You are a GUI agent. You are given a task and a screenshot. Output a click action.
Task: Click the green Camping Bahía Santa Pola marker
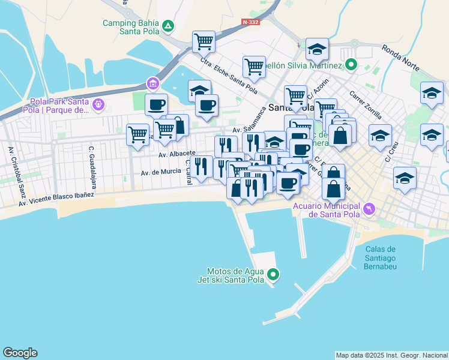coord(169,26)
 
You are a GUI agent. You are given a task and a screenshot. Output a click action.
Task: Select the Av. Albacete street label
coord(177,154)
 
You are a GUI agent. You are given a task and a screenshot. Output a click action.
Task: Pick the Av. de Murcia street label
coord(161,172)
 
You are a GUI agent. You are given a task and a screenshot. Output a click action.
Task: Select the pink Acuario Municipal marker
coord(369,209)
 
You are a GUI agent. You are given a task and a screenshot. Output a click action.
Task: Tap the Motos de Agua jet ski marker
coord(274,275)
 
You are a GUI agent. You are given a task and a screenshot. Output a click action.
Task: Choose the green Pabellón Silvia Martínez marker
coord(351,65)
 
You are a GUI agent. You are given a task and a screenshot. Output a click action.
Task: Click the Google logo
coord(20,353)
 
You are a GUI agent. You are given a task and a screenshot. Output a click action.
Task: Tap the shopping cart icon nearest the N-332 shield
coord(203,42)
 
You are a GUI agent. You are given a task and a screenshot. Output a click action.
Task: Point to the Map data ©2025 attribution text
coord(391,355)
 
